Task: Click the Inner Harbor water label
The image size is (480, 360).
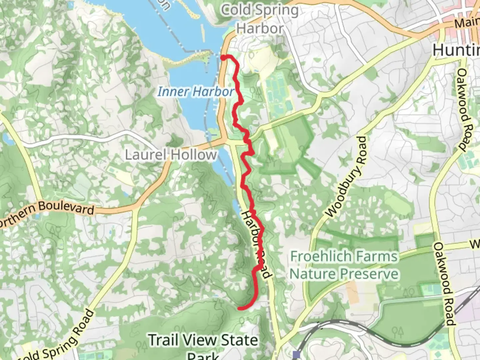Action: pyautogui.click(x=196, y=91)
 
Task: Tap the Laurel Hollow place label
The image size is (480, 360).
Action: pyautogui.click(x=171, y=155)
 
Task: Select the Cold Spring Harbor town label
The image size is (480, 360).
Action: pyautogui.click(x=260, y=19)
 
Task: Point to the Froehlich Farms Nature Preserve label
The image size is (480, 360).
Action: pyautogui.click(x=344, y=265)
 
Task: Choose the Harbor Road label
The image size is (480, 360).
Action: pyautogui.click(x=257, y=244)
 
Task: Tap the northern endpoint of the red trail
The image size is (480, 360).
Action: pyautogui.click(x=223, y=57)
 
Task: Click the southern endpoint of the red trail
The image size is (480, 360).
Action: pyautogui.click(x=240, y=308)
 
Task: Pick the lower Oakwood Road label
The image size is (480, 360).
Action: pyautogui.click(x=444, y=284)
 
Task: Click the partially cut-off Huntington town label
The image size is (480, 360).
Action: pyautogui.click(x=456, y=50)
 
